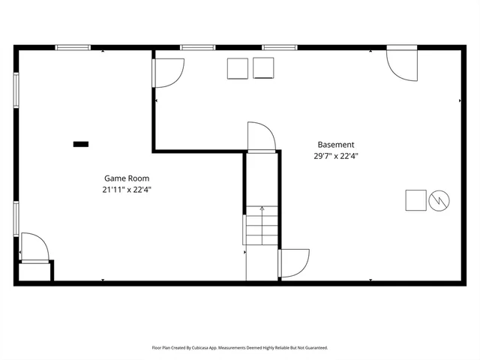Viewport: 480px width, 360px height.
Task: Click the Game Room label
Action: click(126, 178)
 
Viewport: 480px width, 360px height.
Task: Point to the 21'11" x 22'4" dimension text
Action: click(126, 190)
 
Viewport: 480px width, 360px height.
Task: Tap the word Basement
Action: click(335, 145)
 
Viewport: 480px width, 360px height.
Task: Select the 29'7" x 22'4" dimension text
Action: click(335, 156)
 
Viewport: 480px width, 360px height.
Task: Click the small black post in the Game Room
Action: click(80, 143)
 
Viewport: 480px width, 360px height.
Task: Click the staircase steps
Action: click(260, 229)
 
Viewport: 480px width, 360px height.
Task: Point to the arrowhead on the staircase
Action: click(261, 208)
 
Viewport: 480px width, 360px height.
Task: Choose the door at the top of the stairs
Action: click(262, 137)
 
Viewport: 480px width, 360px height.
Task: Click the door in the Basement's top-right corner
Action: click(403, 64)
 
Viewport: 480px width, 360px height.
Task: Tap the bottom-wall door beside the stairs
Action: click(293, 263)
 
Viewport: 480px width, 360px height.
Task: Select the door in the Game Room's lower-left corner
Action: click(34, 247)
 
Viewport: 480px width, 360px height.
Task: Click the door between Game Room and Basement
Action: click(168, 73)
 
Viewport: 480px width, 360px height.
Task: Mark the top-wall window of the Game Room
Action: click(73, 47)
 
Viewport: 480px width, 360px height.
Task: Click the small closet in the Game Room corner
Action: click(34, 271)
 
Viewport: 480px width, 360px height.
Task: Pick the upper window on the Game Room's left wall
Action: click(16, 91)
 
